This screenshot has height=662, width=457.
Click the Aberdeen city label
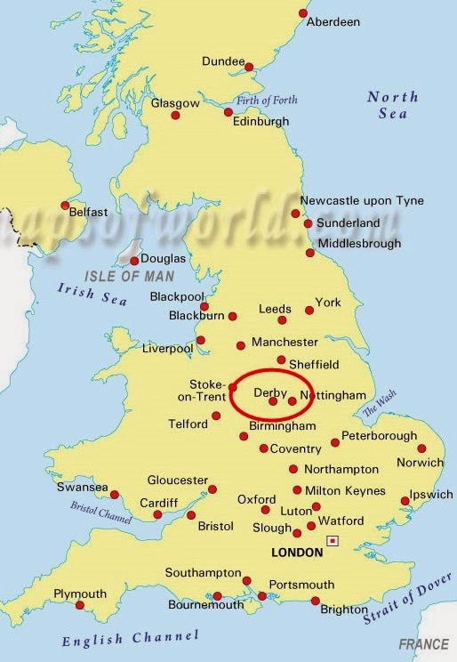coord(333,21)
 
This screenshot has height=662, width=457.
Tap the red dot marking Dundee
coord(250,67)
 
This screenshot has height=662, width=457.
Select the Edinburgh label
coord(261,122)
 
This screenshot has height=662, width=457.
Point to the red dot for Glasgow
coord(175,116)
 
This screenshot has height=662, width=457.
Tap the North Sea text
coord(392,105)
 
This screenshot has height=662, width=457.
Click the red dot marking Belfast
coord(65,206)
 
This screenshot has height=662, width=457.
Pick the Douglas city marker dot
coord(134,261)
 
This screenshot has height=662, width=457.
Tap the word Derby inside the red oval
coord(270,392)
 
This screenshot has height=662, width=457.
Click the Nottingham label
coord(333,394)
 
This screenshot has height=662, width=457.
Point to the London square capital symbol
coord(333,540)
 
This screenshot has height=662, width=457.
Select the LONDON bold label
coord(296,552)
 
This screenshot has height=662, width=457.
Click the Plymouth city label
coord(80,593)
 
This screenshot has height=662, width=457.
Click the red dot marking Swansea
coord(115,495)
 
